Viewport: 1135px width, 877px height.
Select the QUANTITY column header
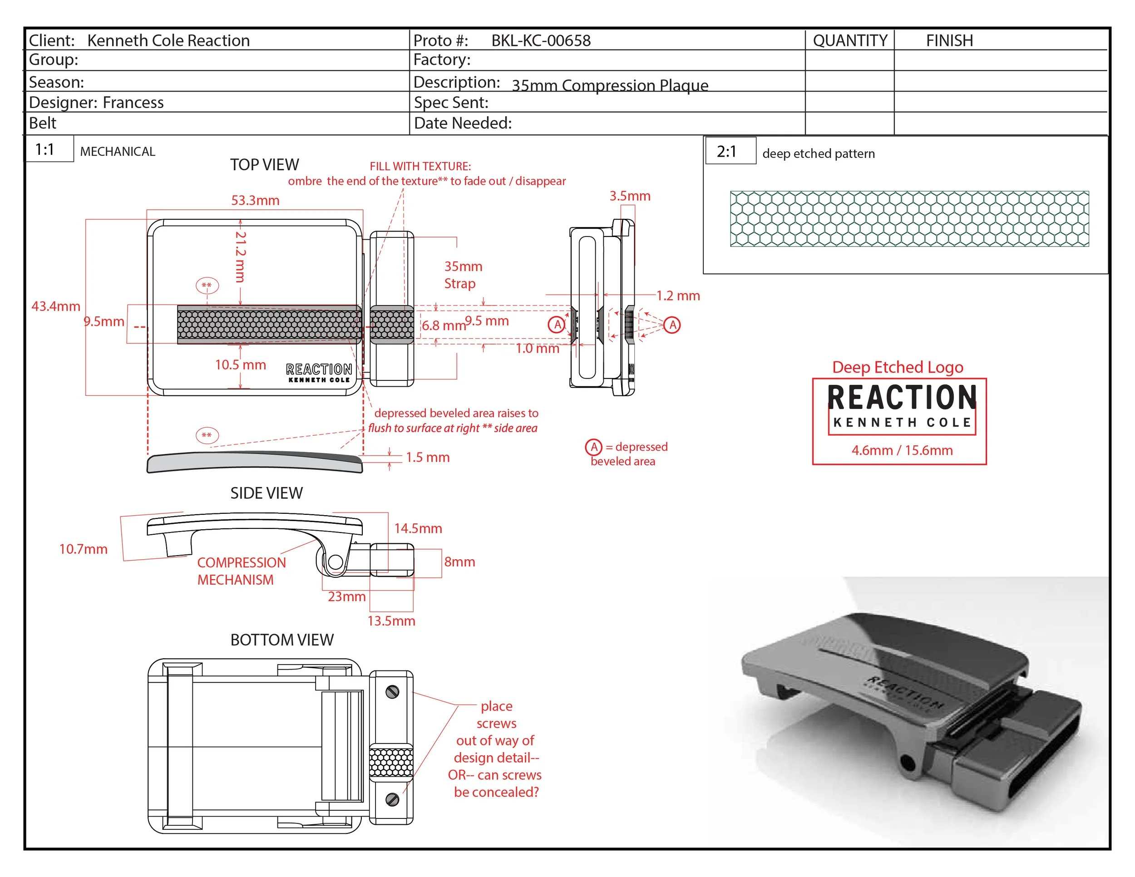(x=850, y=40)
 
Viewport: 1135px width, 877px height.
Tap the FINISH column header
(x=949, y=40)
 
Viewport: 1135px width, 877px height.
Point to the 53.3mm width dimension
(x=255, y=200)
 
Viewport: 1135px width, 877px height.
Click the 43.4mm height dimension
(x=55, y=306)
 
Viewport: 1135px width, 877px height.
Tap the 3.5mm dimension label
(x=629, y=196)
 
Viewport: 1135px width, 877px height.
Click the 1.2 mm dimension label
(x=678, y=296)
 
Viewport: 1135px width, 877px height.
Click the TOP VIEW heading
(x=265, y=165)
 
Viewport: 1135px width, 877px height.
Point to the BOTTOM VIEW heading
(x=281, y=640)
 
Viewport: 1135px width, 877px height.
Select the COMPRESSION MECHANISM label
(x=241, y=571)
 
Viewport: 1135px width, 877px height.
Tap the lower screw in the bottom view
(x=392, y=799)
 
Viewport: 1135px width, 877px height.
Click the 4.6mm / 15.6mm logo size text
(x=902, y=450)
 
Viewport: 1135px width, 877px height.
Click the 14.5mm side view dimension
(x=418, y=528)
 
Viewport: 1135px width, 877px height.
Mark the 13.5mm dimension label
(x=391, y=621)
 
